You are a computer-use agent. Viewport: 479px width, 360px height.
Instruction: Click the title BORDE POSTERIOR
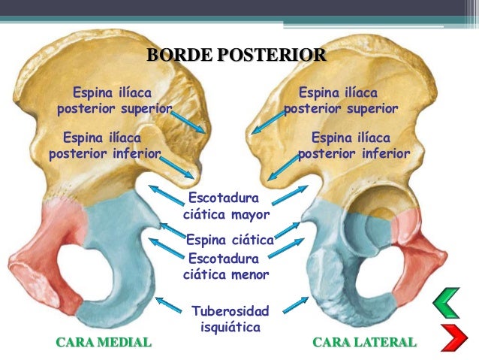click(236, 55)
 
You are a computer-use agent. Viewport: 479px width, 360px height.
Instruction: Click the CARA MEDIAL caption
click(104, 343)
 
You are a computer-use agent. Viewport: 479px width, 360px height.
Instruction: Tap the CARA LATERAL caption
click(363, 343)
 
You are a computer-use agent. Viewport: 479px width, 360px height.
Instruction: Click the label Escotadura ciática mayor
click(227, 206)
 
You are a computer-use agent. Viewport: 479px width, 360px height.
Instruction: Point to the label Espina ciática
click(229, 241)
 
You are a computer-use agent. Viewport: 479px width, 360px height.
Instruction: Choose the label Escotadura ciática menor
click(226, 266)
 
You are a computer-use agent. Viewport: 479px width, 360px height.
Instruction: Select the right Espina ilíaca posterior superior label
click(340, 101)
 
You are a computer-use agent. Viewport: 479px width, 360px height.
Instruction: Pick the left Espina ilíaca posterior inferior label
click(104, 146)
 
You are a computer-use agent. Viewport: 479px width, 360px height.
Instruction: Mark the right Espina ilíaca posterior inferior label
click(354, 146)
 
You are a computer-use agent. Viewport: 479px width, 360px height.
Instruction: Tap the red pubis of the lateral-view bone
click(409, 229)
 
